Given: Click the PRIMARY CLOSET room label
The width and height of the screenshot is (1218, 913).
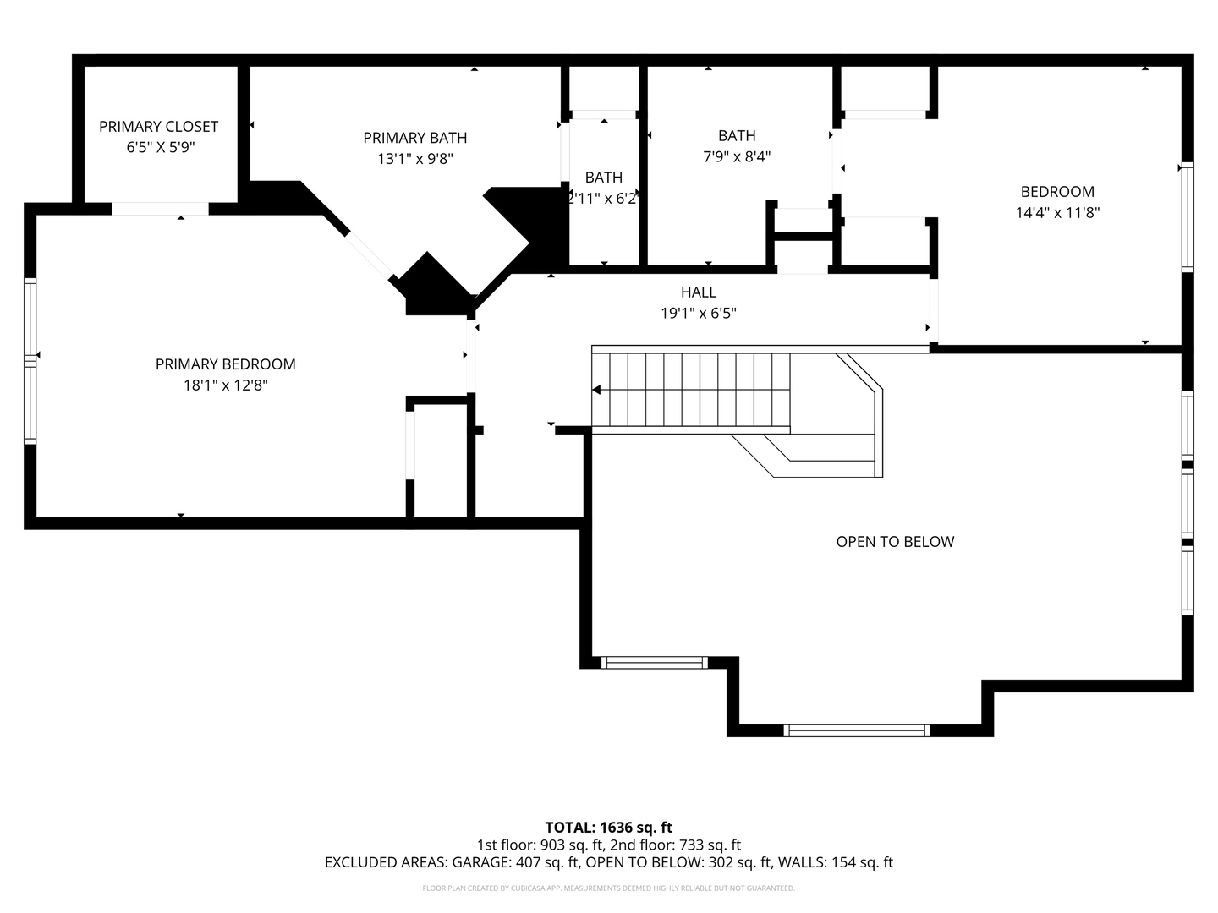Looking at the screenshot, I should [158, 127].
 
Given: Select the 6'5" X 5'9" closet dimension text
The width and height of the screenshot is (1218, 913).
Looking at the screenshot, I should [158, 147].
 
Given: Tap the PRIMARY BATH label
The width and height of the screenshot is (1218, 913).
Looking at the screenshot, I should [414, 138].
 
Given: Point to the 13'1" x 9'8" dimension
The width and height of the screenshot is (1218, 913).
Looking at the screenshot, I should [414, 158].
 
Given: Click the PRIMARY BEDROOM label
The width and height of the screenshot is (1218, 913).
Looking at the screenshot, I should [225, 364].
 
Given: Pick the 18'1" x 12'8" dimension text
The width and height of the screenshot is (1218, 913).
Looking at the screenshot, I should [225, 385].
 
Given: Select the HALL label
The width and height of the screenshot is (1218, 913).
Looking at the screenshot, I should [698, 292].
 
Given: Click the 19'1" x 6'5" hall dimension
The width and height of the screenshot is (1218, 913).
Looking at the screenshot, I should [698, 314].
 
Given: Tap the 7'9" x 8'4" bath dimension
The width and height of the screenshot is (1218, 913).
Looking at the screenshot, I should [737, 156].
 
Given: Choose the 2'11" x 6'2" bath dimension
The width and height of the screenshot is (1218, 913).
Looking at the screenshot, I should [603, 199].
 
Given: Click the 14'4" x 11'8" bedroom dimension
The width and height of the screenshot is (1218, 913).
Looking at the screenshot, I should [1057, 213].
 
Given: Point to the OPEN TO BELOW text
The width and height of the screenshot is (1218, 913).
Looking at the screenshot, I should [895, 542].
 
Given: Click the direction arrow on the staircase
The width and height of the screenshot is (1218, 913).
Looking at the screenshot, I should [597, 390].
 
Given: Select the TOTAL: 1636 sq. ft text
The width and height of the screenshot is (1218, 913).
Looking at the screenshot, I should [608, 828].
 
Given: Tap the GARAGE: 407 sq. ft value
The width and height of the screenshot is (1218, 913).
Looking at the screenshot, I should [516, 862].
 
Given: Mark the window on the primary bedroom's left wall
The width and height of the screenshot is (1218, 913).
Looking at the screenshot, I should [30, 361].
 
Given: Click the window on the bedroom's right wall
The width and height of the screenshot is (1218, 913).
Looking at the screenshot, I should [1188, 216].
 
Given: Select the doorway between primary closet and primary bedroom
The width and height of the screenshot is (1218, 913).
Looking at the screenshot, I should [161, 209].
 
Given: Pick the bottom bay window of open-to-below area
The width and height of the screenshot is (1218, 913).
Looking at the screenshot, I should [856, 730].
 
